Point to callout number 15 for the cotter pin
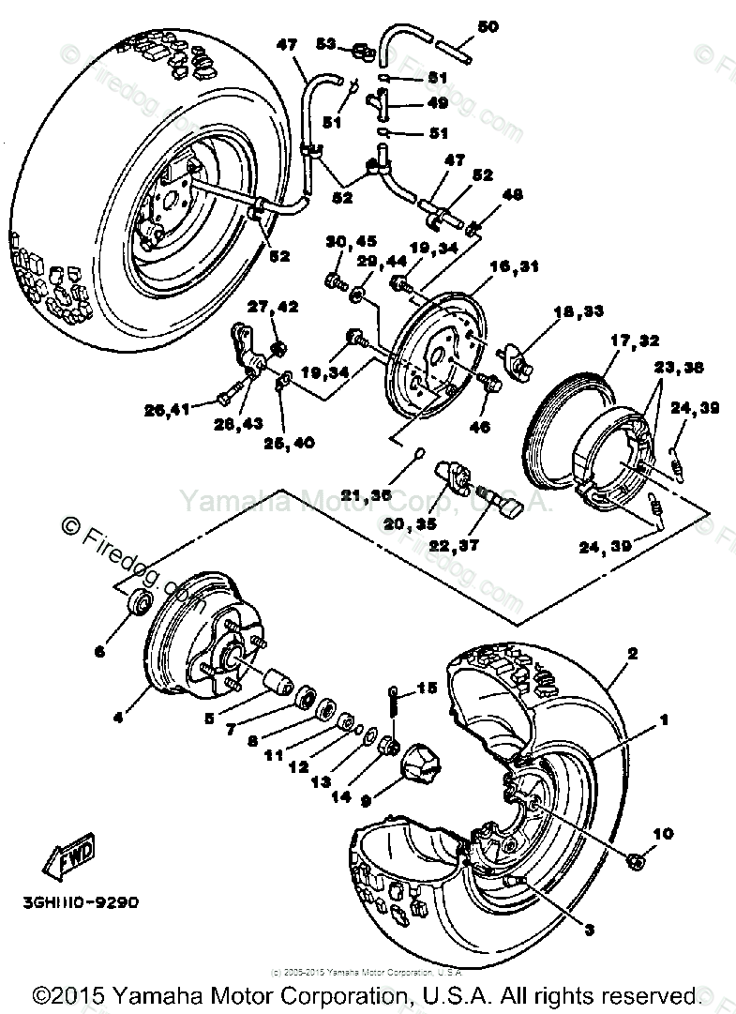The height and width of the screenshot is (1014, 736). [428, 689]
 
